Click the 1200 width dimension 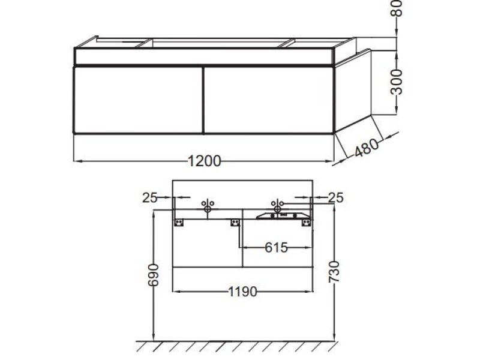tap(205, 161)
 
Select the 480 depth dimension tap(367, 148)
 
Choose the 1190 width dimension tap(242, 292)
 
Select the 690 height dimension tap(154, 275)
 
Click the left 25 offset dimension tap(150, 197)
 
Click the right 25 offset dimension tap(336, 197)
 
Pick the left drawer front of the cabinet tap(138, 99)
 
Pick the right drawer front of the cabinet tap(268, 99)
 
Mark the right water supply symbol tap(277, 206)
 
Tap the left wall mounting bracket tap(179, 223)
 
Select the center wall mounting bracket tap(235, 223)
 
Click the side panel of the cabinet tap(353, 90)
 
